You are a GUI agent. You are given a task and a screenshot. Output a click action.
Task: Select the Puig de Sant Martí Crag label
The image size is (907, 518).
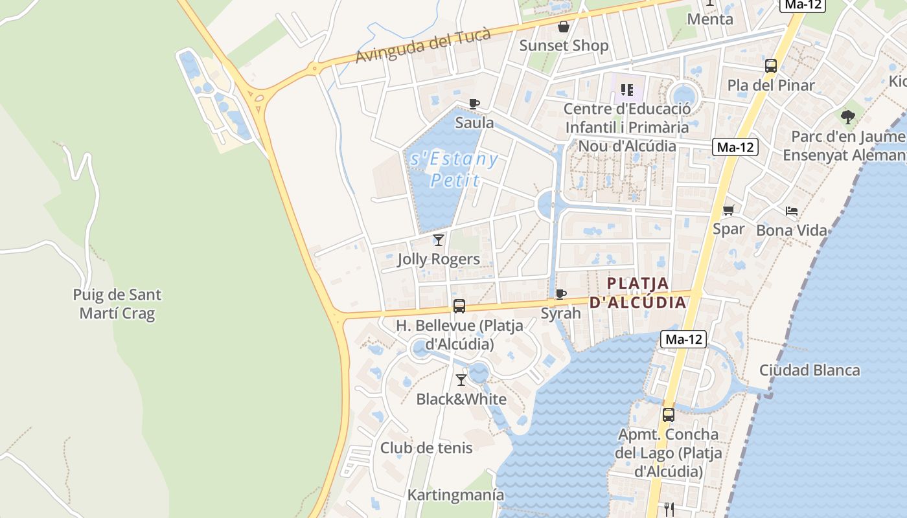click(117, 304)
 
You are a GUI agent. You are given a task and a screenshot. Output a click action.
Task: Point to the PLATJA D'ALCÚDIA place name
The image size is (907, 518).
click(638, 293)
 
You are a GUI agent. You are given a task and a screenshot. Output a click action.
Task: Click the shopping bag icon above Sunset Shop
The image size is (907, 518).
click(564, 27)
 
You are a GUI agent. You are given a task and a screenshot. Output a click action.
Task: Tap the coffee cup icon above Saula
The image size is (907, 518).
click(474, 104)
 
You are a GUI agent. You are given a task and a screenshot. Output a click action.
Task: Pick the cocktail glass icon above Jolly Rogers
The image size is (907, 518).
click(439, 240)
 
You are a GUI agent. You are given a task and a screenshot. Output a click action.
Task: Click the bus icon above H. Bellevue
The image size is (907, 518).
click(459, 306)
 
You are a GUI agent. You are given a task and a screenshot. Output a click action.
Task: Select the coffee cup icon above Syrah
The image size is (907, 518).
click(561, 295)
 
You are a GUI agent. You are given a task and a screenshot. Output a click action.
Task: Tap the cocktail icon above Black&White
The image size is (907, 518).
click(461, 380)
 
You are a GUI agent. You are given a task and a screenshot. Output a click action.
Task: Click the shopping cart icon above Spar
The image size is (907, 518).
click(729, 210)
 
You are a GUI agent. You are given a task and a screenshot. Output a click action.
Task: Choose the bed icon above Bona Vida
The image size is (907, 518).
click(792, 211)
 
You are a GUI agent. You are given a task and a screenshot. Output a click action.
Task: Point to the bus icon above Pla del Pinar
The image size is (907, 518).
click(771, 66)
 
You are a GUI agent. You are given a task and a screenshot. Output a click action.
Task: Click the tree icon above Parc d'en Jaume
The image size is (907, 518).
click(848, 117)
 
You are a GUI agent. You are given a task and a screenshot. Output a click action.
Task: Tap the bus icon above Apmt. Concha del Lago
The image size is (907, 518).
click(669, 415)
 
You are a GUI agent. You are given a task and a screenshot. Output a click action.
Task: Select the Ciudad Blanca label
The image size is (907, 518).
click(810, 370)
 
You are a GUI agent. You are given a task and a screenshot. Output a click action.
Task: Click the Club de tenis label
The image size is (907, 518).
click(426, 447)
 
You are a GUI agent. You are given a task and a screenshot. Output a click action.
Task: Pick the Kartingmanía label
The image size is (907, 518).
click(455, 495)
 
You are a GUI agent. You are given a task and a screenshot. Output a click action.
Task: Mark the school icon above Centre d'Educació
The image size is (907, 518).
click(626, 90)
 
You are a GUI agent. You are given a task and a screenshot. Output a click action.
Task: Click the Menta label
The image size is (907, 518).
click(710, 19)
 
